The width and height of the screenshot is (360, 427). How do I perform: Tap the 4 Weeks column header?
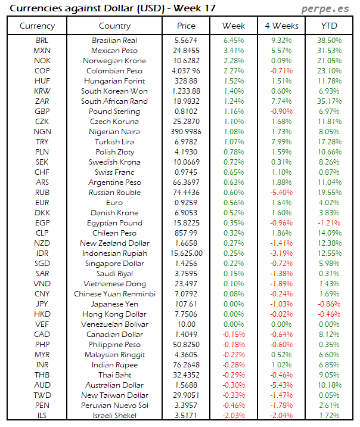coord(281,26)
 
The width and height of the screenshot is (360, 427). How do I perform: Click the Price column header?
coord(186,26)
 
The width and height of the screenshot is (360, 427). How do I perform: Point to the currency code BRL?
coord(42,40)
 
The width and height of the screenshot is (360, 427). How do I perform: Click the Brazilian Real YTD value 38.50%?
coord(330,40)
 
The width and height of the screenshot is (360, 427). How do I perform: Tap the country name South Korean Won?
coord(114,91)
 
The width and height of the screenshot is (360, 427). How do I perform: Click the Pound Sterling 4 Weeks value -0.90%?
coord(281,111)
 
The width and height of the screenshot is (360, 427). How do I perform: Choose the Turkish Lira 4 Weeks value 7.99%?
coord(281,141)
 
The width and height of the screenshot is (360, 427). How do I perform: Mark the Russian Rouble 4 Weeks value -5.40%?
coord(281,192)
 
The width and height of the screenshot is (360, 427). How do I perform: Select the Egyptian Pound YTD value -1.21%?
coord(330,222)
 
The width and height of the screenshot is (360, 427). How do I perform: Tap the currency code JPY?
coord(42,304)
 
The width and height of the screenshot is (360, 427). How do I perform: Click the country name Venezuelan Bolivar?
coord(114,324)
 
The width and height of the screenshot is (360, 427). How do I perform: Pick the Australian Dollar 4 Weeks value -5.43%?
coord(281,385)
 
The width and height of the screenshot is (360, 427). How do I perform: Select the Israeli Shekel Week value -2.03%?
coord(234,415)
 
